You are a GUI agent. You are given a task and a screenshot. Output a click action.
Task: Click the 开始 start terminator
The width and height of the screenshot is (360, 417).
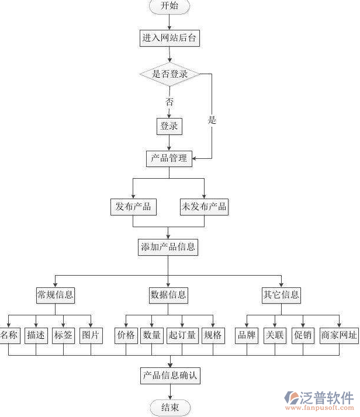(x=170, y=6)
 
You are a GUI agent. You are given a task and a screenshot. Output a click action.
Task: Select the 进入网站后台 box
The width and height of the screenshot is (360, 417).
(x=169, y=38)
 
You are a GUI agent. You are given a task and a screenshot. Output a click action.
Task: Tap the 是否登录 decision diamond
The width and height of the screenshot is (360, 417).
(x=169, y=74)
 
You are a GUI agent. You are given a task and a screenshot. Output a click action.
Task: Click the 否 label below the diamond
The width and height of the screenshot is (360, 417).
(x=169, y=101)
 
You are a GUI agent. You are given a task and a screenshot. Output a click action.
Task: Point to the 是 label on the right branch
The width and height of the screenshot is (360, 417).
(x=212, y=120)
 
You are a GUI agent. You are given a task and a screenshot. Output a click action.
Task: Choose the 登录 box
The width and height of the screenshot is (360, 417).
(x=169, y=126)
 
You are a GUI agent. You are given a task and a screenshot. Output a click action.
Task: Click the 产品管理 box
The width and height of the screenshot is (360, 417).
(x=169, y=158)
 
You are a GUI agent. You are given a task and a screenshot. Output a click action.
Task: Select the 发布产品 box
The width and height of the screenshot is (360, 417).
(x=133, y=206)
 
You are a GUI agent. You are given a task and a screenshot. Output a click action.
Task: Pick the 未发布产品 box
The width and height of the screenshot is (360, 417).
(x=204, y=206)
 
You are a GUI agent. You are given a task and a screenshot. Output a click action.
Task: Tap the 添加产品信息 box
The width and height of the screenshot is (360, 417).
(x=168, y=247)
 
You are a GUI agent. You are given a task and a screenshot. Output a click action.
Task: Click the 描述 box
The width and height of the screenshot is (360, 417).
(x=36, y=335)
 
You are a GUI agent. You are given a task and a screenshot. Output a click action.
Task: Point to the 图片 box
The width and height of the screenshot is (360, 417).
(x=91, y=335)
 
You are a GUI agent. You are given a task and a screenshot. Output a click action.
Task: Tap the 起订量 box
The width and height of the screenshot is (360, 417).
(x=182, y=335)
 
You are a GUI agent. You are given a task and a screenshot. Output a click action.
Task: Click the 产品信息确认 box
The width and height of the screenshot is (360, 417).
(x=169, y=376)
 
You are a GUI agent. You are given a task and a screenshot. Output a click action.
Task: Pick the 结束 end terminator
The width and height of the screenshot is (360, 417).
(x=169, y=408)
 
